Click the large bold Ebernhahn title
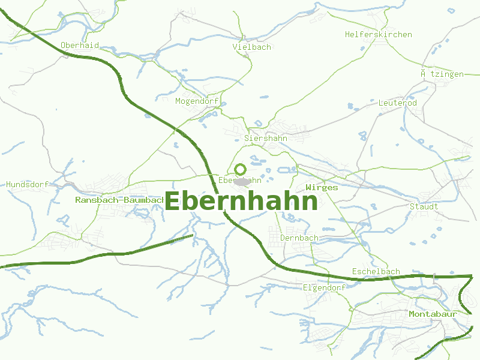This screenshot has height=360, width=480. tap(241, 202)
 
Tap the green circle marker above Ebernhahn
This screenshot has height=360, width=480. tap(240, 169)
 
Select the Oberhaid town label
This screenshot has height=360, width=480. tap(80, 45)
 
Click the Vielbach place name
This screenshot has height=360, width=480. tap(252, 47)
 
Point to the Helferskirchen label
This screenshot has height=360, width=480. tap(378, 34)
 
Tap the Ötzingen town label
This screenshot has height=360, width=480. tap(442, 74)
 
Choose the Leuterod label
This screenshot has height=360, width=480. tap(397, 103)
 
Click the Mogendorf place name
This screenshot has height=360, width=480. tap(197, 101)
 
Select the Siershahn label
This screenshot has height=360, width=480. tap(266, 138)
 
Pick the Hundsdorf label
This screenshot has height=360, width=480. tap(27, 184)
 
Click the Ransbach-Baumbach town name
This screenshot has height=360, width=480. tap(120, 199)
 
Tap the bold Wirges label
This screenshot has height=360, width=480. tap(322, 187)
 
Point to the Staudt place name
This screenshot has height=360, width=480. tap(424, 206)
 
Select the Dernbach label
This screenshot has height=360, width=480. tap(299, 238)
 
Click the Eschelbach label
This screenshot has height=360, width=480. tap(376, 271)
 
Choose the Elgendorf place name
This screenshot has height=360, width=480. tap(324, 287)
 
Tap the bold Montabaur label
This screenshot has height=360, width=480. tap(433, 314)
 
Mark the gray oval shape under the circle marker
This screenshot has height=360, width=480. tap(242, 181)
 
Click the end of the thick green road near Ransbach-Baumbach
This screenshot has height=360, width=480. tap(192, 235)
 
